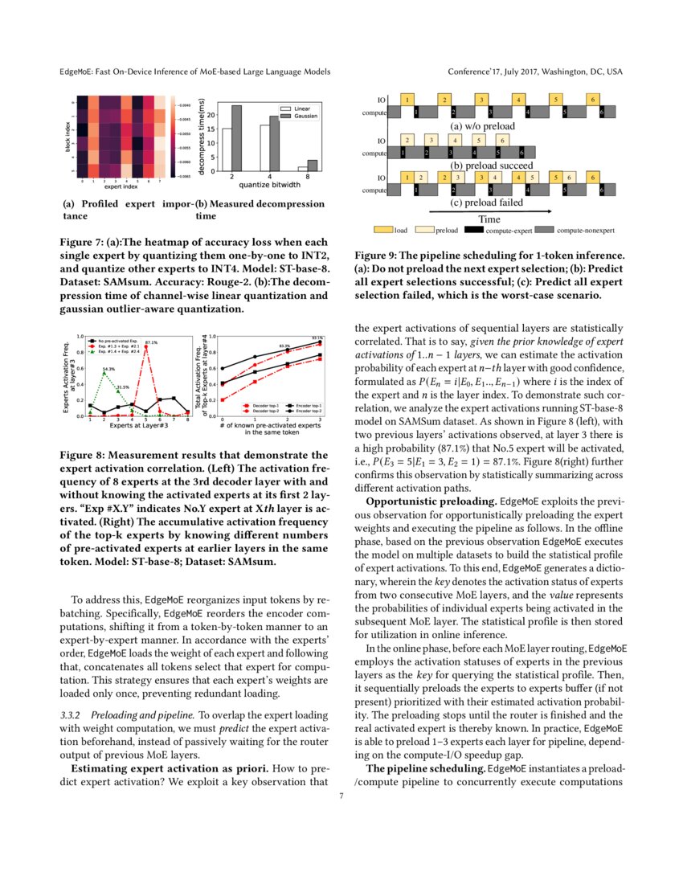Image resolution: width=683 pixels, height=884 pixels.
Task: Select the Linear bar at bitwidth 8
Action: point(302,169)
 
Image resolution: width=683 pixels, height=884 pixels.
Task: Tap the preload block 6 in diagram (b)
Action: point(503,140)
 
